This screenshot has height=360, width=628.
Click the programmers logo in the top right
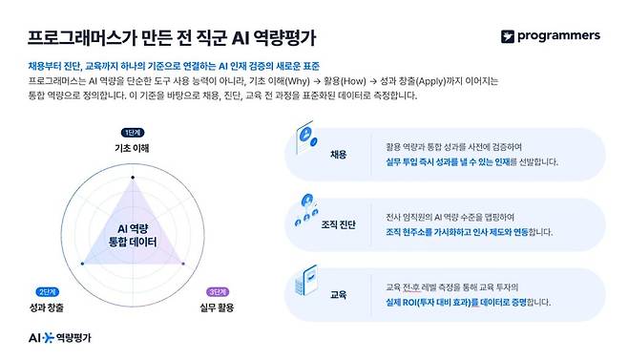(x=550, y=36)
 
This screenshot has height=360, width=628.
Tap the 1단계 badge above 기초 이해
(x=132, y=132)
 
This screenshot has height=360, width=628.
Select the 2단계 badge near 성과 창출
(x=47, y=291)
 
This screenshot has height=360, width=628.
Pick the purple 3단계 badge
(x=218, y=291)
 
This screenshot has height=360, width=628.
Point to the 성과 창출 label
(x=47, y=307)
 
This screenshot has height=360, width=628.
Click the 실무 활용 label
(x=218, y=307)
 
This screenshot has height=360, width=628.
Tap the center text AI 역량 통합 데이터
(x=132, y=235)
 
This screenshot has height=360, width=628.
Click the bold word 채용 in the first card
(x=338, y=154)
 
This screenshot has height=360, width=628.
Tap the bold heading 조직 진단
(x=340, y=224)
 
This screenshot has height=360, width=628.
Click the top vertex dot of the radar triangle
(x=132, y=178)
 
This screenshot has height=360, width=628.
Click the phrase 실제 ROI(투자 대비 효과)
(x=432, y=302)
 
